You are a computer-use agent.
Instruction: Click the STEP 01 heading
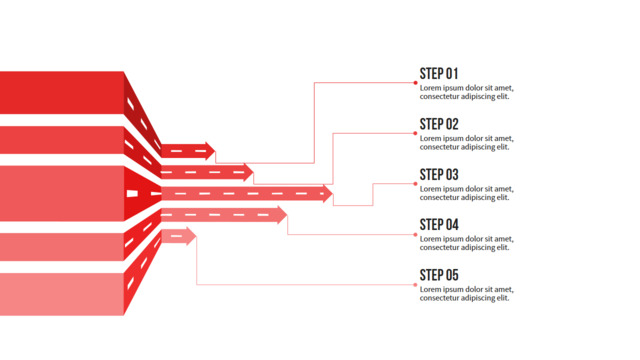439,74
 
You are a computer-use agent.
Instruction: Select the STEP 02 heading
439,124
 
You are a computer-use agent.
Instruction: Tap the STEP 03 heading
439,175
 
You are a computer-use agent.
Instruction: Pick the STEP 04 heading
439,225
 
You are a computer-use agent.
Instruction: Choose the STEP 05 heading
439,275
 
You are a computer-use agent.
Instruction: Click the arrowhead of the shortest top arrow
210,151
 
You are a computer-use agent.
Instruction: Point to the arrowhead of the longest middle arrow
328,193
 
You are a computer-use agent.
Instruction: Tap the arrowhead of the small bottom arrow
191,236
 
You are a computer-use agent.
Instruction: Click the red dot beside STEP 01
416,83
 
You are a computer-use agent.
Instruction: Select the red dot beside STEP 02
416,133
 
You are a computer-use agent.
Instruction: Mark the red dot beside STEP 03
416,184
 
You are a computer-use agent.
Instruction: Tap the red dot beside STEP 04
416,234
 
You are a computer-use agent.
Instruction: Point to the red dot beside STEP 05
416,284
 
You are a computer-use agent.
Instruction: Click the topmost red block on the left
62,93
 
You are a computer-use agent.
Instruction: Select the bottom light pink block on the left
62,294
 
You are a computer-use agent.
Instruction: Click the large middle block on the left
62,193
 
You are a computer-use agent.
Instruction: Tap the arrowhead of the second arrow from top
249,172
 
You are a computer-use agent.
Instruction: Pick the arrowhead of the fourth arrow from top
282,215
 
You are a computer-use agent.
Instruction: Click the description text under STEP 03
467,193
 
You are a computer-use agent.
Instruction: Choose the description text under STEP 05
467,293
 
